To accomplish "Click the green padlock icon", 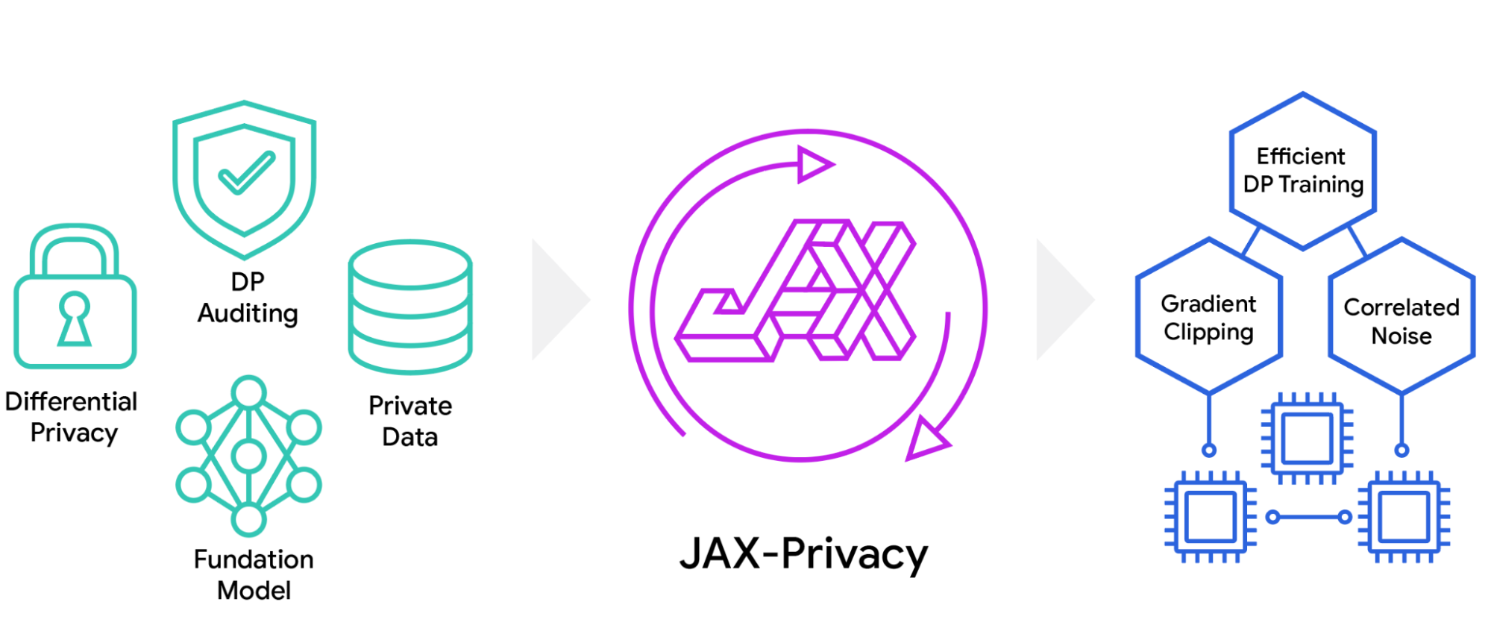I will pos(75,298).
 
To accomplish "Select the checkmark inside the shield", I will pos(246,173).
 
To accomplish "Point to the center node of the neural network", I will pos(248,456).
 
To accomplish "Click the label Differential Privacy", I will pos(72,417).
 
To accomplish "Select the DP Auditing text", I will pos(248,298).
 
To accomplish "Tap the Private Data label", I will pos(410,421).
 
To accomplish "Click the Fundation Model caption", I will pos(254,574).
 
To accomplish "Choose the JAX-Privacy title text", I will pos(803,554).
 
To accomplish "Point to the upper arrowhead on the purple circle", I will pos(814,164).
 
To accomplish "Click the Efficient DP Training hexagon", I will pos(1302,171).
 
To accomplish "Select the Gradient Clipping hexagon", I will pos(1208,317).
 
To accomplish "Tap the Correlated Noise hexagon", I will pos(1401,321).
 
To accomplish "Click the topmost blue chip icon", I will pos(1307,438).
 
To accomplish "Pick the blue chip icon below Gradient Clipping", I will pos(1210,516).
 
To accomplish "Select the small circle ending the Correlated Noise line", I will pos(1401,450).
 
